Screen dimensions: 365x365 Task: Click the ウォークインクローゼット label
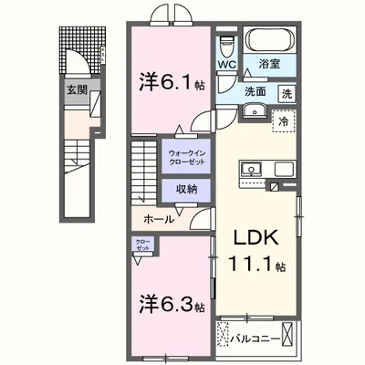pos(186,156)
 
